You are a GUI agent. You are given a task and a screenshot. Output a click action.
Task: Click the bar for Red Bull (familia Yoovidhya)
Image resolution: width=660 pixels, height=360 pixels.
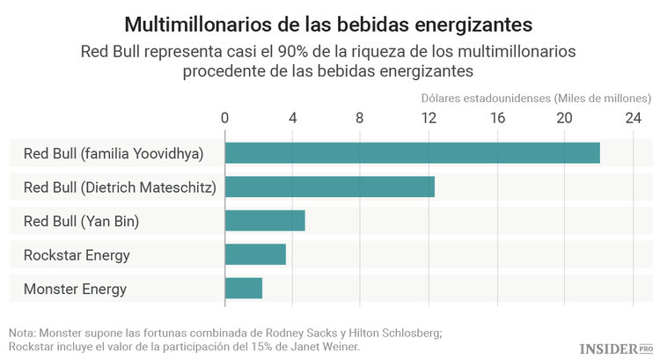(x=412, y=153)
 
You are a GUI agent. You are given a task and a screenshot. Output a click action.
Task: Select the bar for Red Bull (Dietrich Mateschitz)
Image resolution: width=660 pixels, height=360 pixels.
(x=330, y=187)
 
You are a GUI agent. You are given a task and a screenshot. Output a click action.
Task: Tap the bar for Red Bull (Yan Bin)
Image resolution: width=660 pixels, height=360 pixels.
(x=265, y=220)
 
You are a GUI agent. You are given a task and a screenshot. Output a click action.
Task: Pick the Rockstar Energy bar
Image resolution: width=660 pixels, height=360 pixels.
(x=255, y=254)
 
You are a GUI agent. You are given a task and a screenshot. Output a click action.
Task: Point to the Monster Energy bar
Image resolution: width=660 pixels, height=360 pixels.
(x=244, y=288)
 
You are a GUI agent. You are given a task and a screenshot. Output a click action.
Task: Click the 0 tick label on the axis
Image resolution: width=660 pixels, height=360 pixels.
(x=225, y=118)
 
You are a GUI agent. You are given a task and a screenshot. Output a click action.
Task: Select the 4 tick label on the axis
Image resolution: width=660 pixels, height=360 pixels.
(x=293, y=118)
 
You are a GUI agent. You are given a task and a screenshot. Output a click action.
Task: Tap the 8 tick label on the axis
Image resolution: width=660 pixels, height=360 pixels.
(x=361, y=118)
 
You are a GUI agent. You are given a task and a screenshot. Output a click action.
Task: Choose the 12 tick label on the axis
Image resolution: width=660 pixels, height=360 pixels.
(x=429, y=118)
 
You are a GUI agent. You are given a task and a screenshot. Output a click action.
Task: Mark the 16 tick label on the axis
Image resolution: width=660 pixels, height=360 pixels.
(x=496, y=118)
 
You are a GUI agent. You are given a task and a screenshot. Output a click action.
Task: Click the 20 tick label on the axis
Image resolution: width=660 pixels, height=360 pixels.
(x=564, y=118)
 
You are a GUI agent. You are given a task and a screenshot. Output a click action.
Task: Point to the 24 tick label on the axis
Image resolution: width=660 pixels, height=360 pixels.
(x=633, y=118)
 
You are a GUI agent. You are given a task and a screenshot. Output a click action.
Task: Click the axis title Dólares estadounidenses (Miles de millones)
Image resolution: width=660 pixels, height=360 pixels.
(x=535, y=97)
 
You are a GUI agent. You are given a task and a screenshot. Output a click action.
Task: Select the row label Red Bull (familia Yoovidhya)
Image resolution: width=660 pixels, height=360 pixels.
(x=114, y=154)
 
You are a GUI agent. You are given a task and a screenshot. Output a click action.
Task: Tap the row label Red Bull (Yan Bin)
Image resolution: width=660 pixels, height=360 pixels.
(x=81, y=221)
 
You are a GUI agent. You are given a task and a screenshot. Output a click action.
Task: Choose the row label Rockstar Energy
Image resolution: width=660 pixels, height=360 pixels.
(x=77, y=255)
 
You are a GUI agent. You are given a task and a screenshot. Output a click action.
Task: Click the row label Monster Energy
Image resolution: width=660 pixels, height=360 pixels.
(x=75, y=289)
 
